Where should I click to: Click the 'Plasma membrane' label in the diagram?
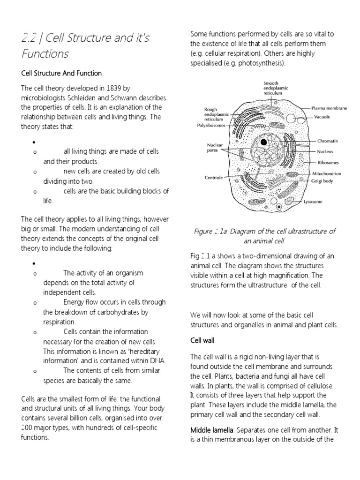(x=329, y=108)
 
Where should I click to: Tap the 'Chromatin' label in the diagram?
(x=328, y=141)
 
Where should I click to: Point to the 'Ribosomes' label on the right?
(x=328, y=162)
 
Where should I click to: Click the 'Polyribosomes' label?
(x=211, y=126)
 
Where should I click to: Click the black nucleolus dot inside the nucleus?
(x=264, y=142)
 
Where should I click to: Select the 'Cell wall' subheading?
(x=202, y=341)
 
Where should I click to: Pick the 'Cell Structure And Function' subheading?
(x=61, y=74)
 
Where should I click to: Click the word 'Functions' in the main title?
(x=45, y=54)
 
